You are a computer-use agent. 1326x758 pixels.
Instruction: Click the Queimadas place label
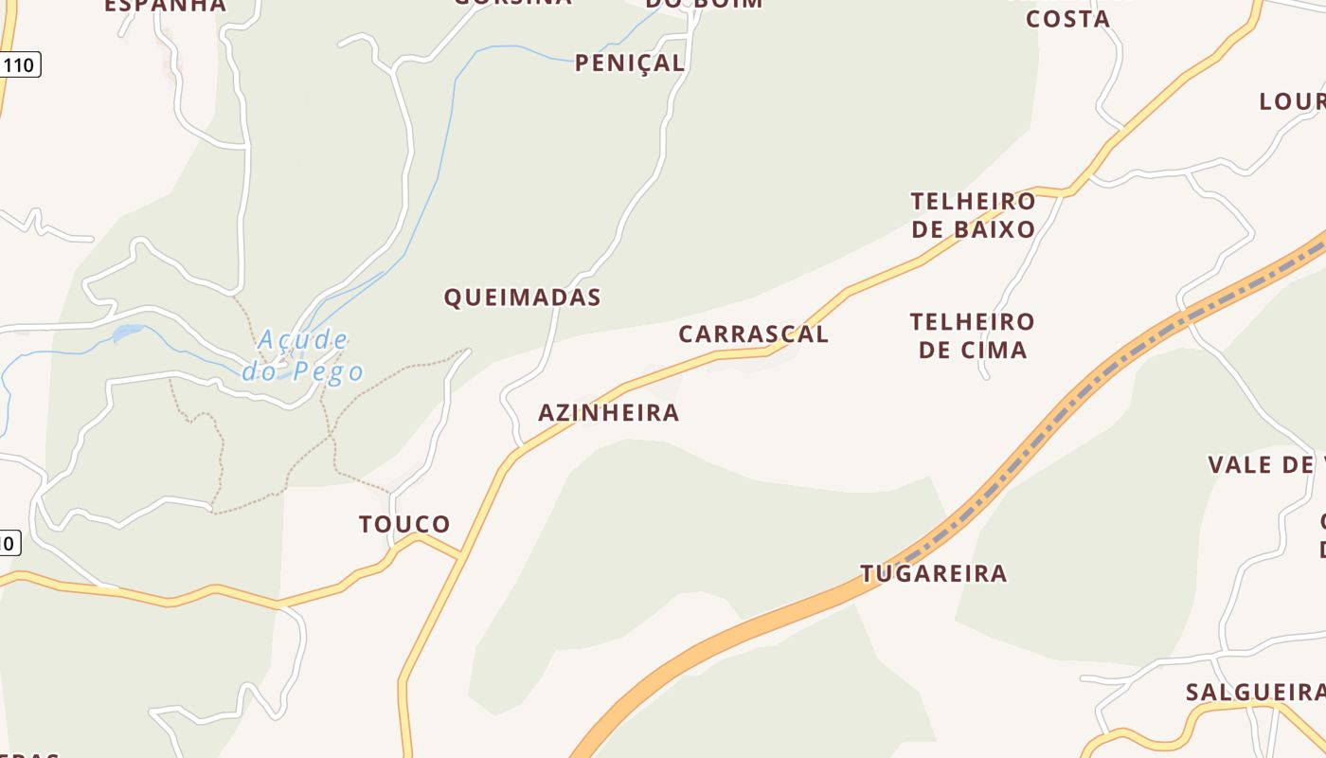pyautogui.click(x=522, y=298)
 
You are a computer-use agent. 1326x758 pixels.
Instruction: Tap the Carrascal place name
pyautogui.click(x=753, y=334)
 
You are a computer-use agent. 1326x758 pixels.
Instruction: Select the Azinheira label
pyautogui.click(x=608, y=413)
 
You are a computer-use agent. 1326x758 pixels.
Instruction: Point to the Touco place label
pyautogui.click(x=404, y=524)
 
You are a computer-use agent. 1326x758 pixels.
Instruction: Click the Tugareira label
pyautogui.click(x=933, y=573)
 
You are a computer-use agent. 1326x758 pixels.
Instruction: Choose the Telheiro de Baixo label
pyautogui.click(x=973, y=215)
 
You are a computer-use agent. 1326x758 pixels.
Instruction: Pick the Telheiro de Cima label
pyautogui.click(x=973, y=335)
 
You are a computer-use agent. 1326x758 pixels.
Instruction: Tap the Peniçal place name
pyautogui.click(x=629, y=63)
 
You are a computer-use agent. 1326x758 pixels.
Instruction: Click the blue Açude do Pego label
pyautogui.click(x=303, y=355)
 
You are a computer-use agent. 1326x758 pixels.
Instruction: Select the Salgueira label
pyautogui.click(x=1254, y=693)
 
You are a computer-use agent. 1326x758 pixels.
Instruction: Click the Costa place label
pyautogui.click(x=1067, y=19)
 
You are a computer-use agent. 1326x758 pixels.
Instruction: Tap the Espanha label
pyautogui.click(x=165, y=6)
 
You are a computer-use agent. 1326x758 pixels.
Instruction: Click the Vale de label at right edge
pyautogui.click(x=1265, y=464)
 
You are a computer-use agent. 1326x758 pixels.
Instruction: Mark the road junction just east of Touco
pyautogui.click(x=460, y=555)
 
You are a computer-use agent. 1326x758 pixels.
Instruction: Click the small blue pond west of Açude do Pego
pyautogui.click(x=128, y=333)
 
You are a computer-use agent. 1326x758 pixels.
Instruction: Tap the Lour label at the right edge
pyautogui.click(x=1291, y=101)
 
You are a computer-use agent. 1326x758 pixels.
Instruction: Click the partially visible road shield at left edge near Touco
pyautogui.click(x=9, y=543)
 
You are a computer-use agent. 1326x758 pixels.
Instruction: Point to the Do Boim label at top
pyautogui.click(x=704, y=4)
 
